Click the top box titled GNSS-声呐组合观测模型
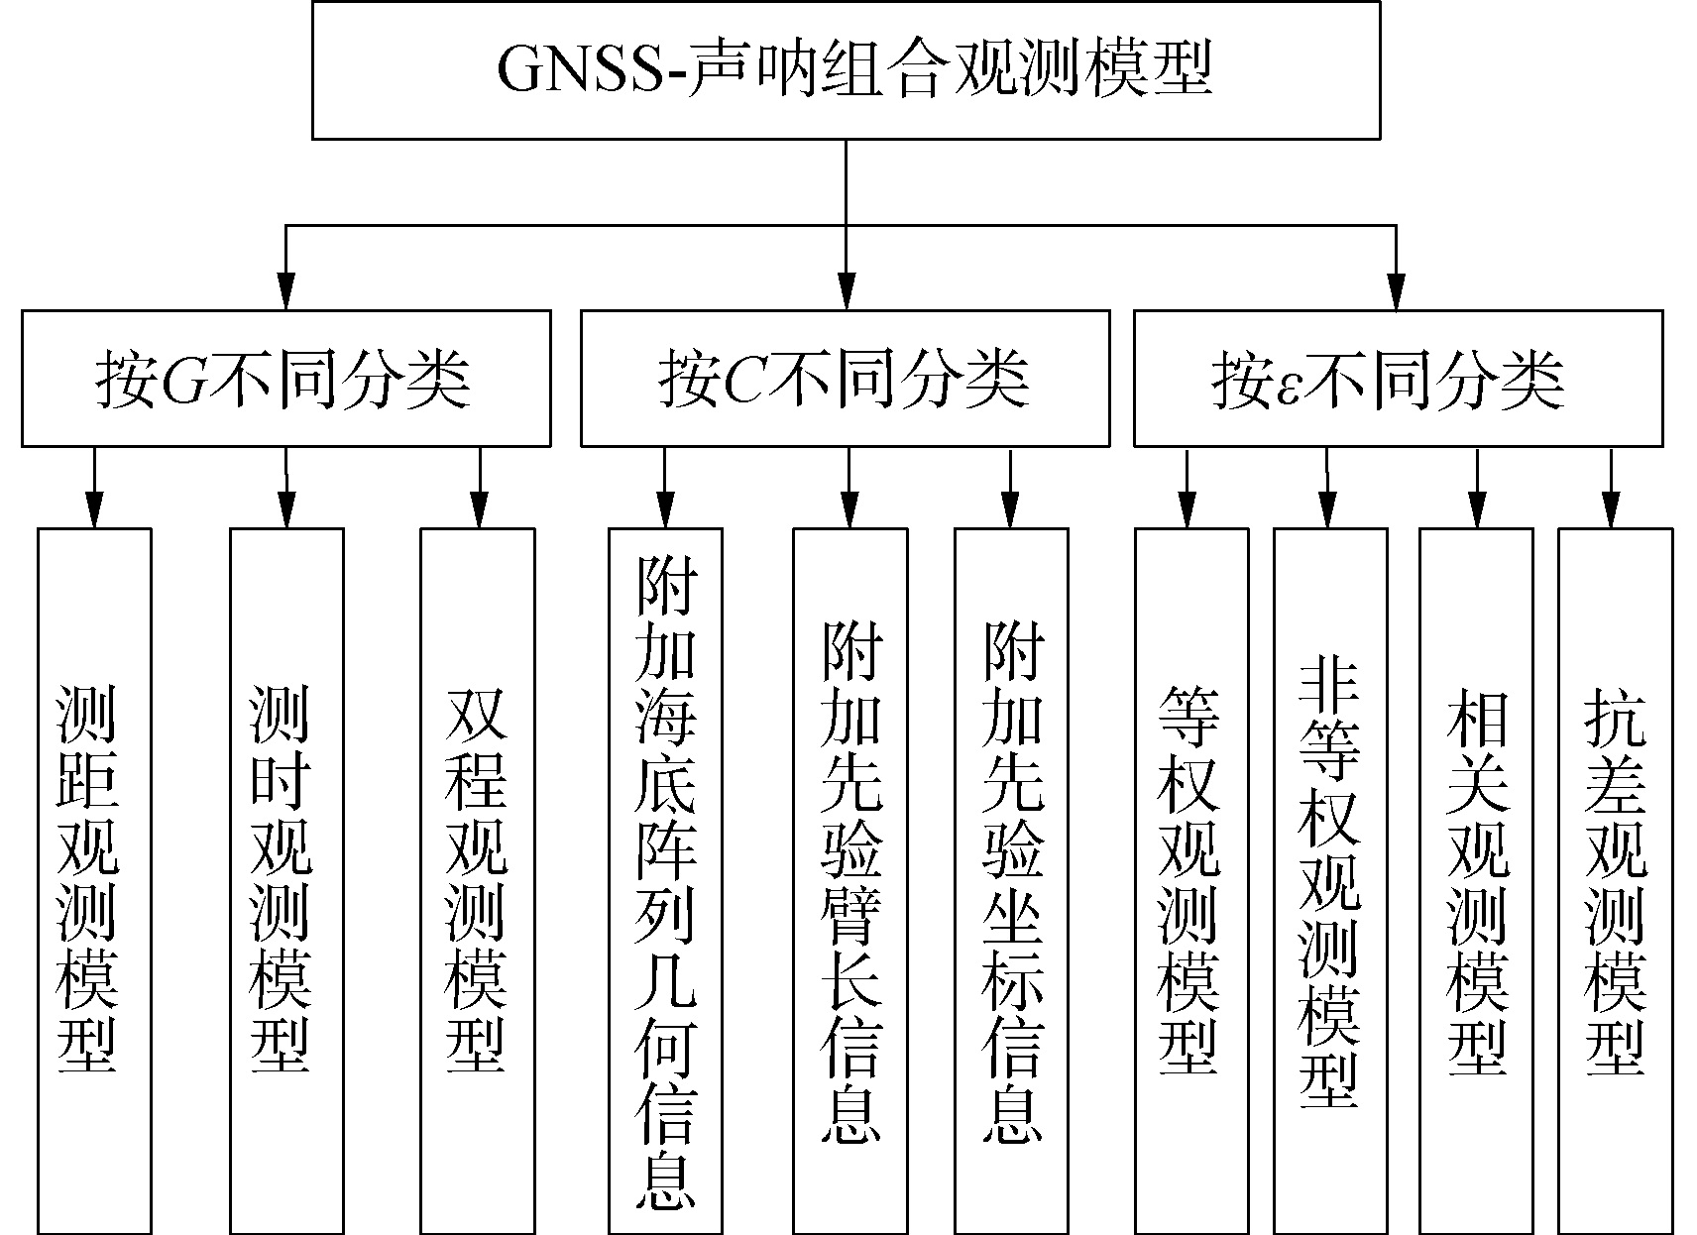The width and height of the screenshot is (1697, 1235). click(x=846, y=69)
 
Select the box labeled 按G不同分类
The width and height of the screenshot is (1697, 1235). click(x=285, y=379)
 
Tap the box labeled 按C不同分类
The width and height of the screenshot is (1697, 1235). click(x=845, y=379)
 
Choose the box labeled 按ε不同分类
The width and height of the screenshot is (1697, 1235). click(x=1398, y=379)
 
